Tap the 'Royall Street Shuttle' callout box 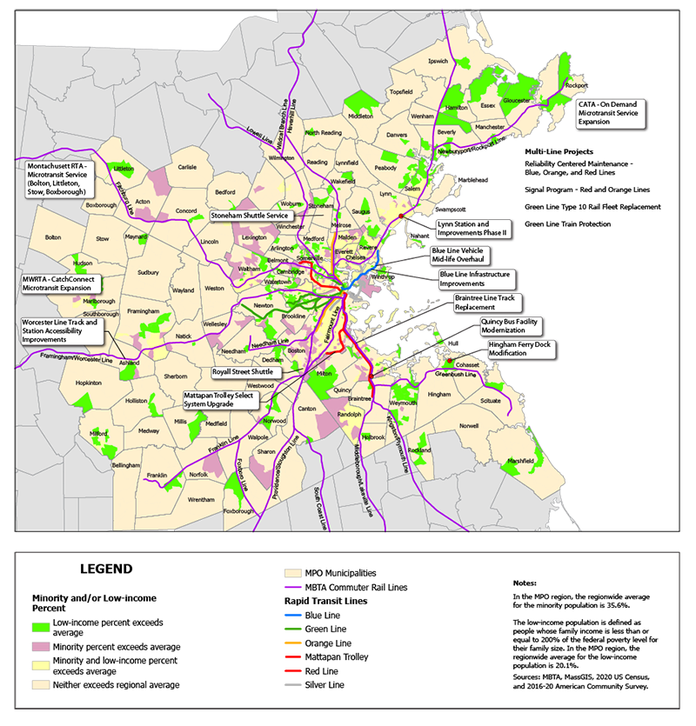tap(244, 371)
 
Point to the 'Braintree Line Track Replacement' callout tap(490, 302)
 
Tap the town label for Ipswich tap(438, 62)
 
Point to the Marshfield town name tap(520, 460)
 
